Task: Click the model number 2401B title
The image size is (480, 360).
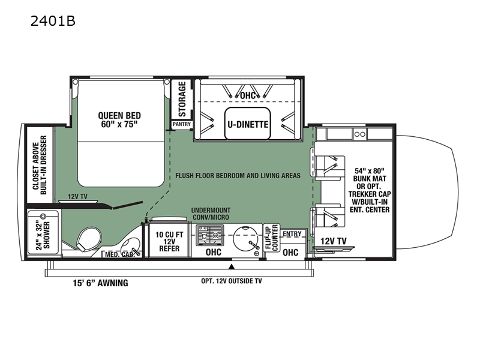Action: pyautogui.click(x=53, y=21)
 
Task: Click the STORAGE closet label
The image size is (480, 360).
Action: pyautogui.click(x=182, y=99)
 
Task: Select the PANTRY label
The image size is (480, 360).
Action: pyautogui.click(x=182, y=124)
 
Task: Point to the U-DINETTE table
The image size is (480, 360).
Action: pyautogui.click(x=248, y=124)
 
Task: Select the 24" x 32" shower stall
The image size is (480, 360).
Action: pyautogui.click(x=43, y=232)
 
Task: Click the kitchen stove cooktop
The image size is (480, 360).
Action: pyautogui.click(x=209, y=235)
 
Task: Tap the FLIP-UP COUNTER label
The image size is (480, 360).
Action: pyautogui.click(x=272, y=238)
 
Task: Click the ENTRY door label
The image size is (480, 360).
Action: pyautogui.click(x=292, y=234)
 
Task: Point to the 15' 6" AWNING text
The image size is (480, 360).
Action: pyautogui.click(x=100, y=283)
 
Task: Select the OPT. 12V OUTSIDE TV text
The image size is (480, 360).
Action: pyautogui.click(x=232, y=281)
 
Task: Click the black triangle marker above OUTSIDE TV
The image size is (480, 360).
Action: pyautogui.click(x=232, y=266)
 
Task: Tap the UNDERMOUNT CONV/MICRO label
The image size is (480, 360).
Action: pyautogui.click(x=211, y=214)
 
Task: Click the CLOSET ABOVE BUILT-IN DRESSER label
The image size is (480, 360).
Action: pyautogui.click(x=40, y=165)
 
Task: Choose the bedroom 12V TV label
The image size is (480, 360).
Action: pyautogui.click(x=77, y=196)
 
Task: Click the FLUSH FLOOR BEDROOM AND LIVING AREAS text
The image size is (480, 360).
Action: pyautogui.click(x=238, y=176)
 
